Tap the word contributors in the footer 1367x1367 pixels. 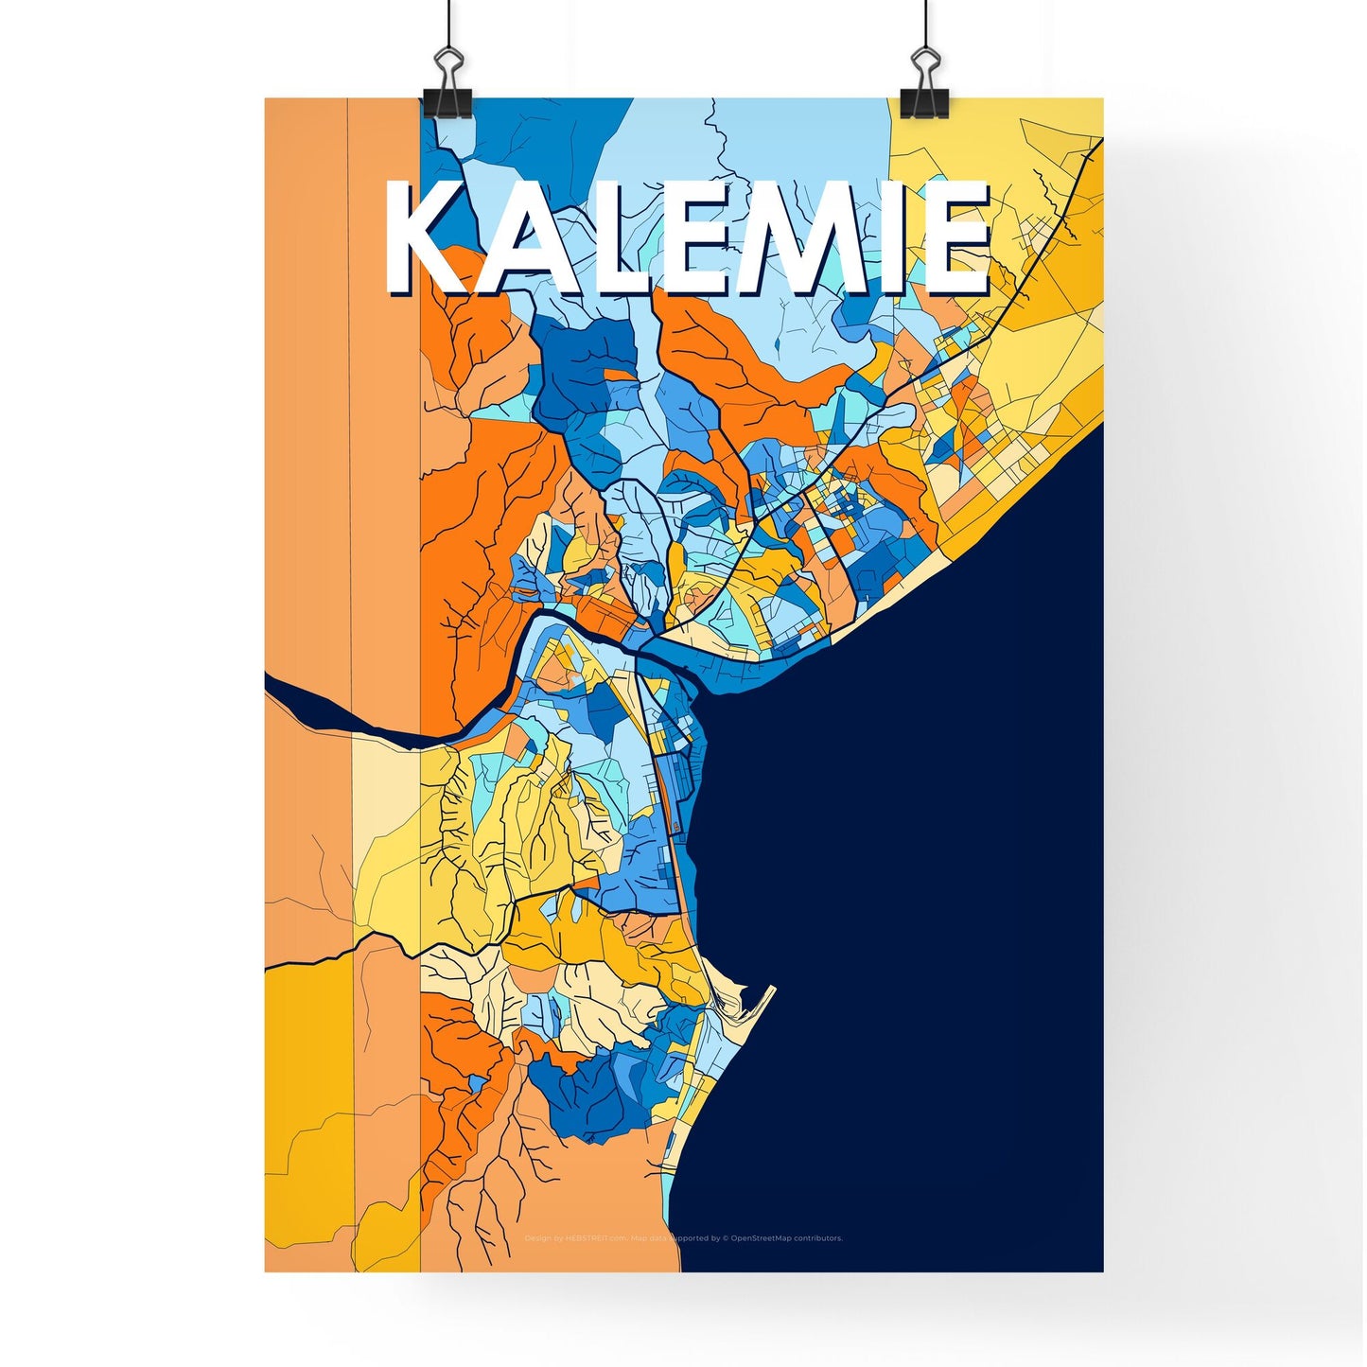click(x=818, y=1238)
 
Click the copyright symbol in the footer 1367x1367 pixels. click(x=725, y=1238)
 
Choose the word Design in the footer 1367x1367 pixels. click(x=537, y=1238)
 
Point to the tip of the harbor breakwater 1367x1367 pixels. click(x=772, y=989)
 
